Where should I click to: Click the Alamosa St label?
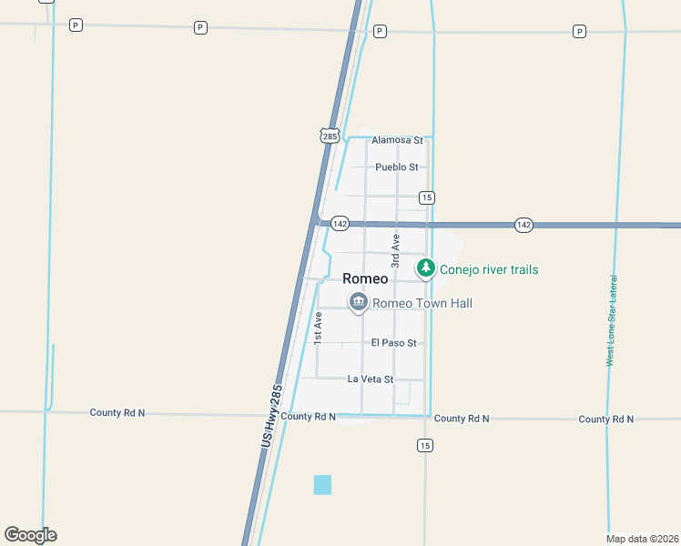[x=398, y=140]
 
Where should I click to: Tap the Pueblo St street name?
[x=397, y=167]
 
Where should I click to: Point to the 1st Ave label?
[x=319, y=328]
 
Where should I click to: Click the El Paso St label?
[x=393, y=343]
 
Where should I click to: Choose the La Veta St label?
[x=371, y=379]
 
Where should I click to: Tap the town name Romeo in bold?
[x=366, y=279]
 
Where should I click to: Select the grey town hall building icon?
[x=358, y=302]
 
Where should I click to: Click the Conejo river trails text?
[x=489, y=269]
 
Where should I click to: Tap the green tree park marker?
[x=425, y=268]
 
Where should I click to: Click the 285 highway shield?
[x=330, y=136]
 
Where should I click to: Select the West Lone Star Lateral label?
[x=613, y=320]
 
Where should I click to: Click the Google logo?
[x=30, y=535]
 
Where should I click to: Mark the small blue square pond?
[x=322, y=485]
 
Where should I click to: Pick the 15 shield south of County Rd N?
[x=425, y=445]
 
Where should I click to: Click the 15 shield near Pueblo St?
[x=426, y=197]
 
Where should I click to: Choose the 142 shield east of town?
[x=523, y=224]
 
